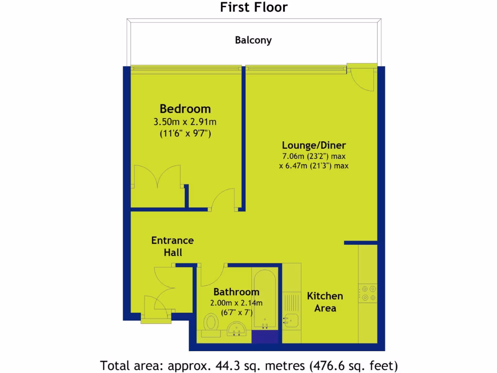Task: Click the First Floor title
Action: [x=254, y=7]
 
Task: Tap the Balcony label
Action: [x=253, y=40]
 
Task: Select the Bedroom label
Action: [x=185, y=109]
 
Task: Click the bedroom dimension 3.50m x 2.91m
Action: [x=185, y=121]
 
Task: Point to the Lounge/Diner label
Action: [x=314, y=145]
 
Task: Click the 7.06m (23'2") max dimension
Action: [x=314, y=156]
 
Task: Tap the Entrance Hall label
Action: [x=172, y=246]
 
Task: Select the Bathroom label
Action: [x=236, y=292]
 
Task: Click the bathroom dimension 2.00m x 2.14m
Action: [x=236, y=303]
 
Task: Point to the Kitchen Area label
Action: [x=325, y=302]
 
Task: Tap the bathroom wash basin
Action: [x=237, y=329]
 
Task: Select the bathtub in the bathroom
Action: [x=265, y=301]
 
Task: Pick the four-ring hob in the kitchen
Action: [x=367, y=293]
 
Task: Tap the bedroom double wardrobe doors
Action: [x=158, y=177]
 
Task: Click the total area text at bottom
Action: [x=248, y=364]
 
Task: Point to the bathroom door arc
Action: [x=212, y=275]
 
